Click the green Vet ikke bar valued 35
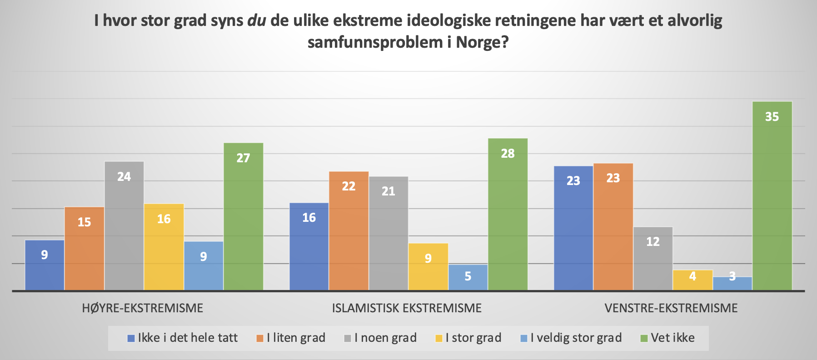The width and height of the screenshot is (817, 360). (x=772, y=195)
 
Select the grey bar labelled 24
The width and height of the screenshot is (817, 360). (x=124, y=226)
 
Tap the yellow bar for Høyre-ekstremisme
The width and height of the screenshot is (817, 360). (x=164, y=247)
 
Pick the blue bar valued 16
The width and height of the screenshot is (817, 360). (x=309, y=246)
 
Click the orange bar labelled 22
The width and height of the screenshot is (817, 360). (x=349, y=231)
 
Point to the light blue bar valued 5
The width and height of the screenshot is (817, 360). (x=468, y=277)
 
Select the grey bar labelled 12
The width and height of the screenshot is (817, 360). (x=653, y=258)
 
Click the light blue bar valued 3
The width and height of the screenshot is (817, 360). (x=732, y=283)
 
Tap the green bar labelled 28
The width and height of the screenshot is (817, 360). (x=508, y=214)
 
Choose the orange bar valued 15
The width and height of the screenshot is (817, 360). (x=84, y=249)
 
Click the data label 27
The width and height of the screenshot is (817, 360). (x=243, y=158)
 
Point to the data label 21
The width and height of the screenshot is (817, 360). (x=388, y=191)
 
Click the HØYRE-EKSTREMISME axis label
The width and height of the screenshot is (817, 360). (x=142, y=308)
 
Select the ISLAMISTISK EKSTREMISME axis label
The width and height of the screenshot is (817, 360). (x=407, y=308)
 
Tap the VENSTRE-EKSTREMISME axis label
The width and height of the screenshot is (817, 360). (x=671, y=308)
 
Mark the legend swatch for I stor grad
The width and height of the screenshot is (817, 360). (x=439, y=338)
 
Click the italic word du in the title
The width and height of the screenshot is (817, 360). (x=256, y=21)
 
